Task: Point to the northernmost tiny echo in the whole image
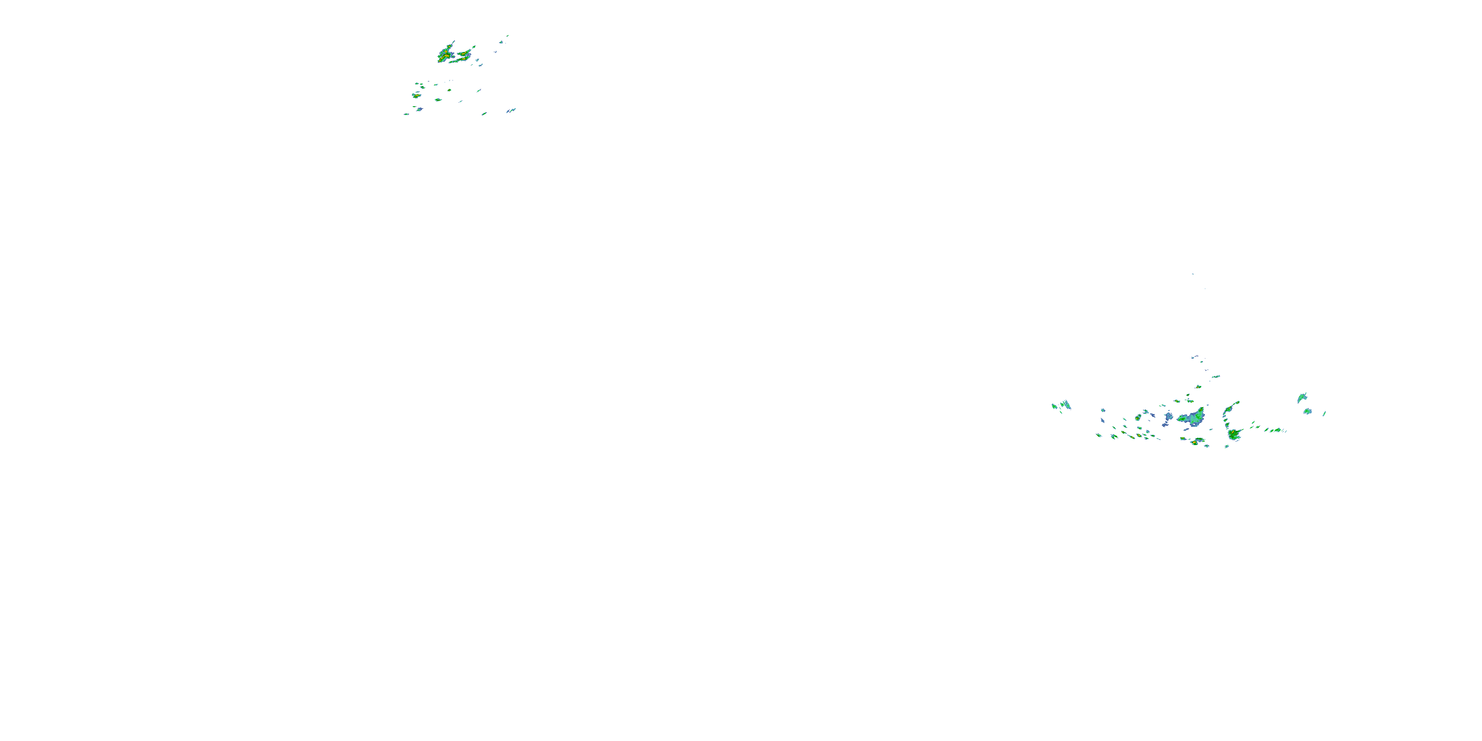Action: [507, 36]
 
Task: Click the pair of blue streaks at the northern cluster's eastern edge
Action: [511, 111]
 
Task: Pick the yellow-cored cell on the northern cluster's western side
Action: [416, 95]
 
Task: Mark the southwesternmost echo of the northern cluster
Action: [406, 114]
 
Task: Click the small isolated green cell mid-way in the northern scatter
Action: [450, 90]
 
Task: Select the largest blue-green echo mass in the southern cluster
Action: [1192, 417]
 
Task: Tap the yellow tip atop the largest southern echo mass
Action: [1201, 410]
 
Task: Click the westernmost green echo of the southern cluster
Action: [1055, 406]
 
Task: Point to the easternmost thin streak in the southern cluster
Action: [1324, 413]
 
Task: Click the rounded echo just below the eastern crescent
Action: [1308, 411]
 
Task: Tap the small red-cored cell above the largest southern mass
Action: [1198, 387]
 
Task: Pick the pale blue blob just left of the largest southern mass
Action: [1168, 416]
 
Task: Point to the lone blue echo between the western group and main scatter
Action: [1103, 410]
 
